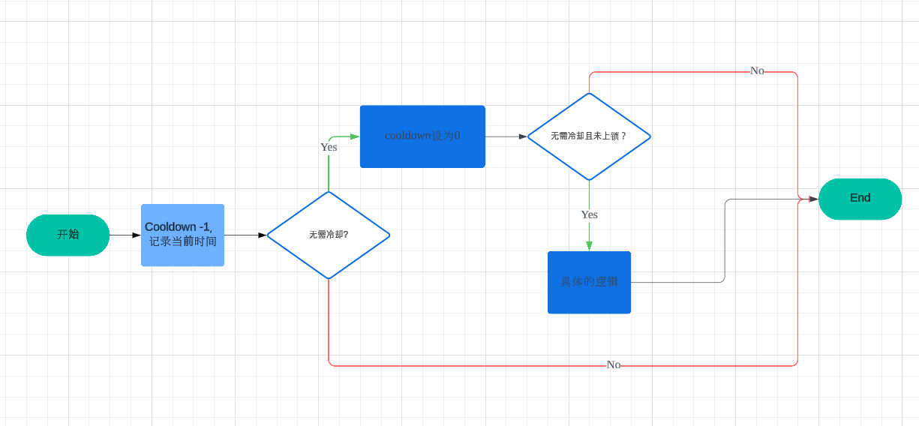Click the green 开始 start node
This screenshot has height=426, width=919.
coord(68,235)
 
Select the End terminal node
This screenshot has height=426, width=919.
coord(860,199)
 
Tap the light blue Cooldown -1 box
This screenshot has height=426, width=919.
coord(182,235)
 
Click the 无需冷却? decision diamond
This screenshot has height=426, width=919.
coord(329,235)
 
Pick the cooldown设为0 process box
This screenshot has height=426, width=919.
coord(422,136)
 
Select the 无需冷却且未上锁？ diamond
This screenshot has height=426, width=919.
coord(589,136)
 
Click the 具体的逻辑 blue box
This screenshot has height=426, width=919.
coord(589,282)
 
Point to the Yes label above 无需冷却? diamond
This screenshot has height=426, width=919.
coord(329,147)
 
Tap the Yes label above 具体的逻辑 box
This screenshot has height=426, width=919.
coord(590,214)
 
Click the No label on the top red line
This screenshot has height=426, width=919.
coord(757,70)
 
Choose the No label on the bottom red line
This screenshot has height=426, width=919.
coord(614,364)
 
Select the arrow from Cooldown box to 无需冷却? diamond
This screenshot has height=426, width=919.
coord(245,235)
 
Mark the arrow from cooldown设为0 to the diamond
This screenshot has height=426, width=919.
coord(506,136)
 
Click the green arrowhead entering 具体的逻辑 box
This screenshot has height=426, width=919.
coord(589,246)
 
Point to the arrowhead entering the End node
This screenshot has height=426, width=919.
coord(813,199)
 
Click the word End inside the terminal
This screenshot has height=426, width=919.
coord(860,198)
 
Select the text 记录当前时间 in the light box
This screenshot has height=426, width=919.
coord(182,241)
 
